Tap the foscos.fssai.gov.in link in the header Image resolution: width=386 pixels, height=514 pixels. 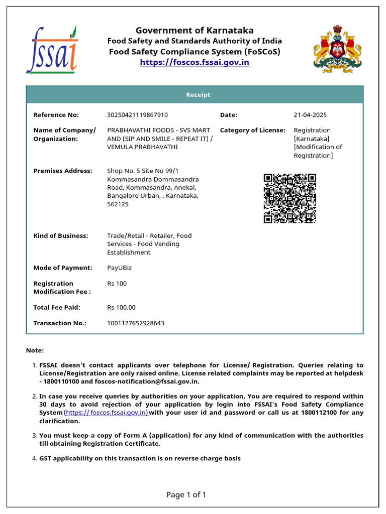(195, 62)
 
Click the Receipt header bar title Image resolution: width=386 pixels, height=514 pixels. (198, 95)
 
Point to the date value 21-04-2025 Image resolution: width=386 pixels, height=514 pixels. (310, 115)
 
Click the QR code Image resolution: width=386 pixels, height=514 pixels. (290, 198)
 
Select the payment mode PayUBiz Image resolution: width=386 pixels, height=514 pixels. (119, 268)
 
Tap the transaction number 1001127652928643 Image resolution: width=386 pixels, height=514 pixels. (135, 323)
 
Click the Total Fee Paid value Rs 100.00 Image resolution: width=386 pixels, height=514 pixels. (121, 308)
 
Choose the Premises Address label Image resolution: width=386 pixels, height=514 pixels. (62, 171)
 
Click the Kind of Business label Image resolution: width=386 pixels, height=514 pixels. (60, 236)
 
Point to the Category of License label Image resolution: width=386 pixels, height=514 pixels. (252, 131)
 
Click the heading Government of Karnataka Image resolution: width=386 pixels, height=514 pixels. (195, 31)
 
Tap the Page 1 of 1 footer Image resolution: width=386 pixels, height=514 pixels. (186, 495)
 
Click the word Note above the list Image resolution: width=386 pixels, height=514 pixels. (34, 350)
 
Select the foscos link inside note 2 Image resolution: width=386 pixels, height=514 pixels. (106, 413)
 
